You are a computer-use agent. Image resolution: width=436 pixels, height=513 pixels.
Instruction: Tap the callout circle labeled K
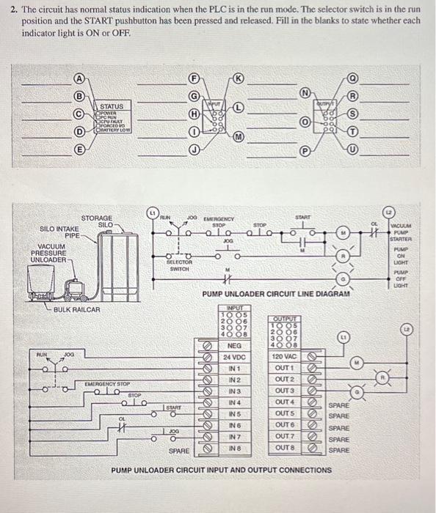(238, 76)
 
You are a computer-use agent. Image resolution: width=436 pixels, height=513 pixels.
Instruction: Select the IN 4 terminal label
(235, 402)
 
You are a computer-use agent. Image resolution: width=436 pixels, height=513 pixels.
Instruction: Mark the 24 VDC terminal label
(235, 356)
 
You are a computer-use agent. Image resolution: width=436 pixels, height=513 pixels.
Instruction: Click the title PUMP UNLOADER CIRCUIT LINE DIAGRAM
(275, 293)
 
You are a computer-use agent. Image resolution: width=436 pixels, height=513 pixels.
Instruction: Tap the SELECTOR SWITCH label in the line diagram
(179, 265)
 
